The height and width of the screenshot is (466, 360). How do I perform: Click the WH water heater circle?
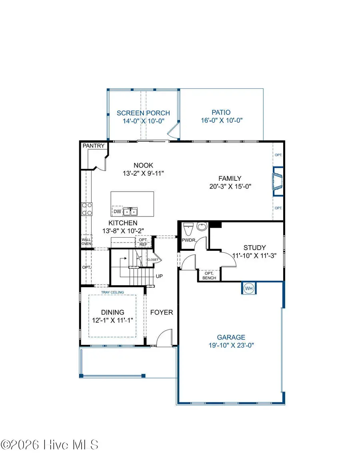pos(249,288)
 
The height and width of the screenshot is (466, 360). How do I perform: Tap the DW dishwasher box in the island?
pos(117,211)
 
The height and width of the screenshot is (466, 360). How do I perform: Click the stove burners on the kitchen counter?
pos(87,209)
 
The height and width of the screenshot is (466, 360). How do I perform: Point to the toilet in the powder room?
pos(188,229)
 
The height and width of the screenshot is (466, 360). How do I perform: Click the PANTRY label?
pos(94,146)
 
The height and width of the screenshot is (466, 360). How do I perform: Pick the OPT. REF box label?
pos(143,242)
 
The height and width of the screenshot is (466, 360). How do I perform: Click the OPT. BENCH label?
pos(209,275)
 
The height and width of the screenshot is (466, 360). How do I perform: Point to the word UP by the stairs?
pos(159,276)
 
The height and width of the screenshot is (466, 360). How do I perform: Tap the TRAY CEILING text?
pos(113,292)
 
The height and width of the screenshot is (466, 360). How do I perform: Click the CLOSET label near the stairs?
pos(152,260)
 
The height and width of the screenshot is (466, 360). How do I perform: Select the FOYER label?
pos(162,312)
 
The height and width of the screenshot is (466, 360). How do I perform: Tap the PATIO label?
pos(221,113)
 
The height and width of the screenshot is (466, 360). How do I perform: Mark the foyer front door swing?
pos(163,339)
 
